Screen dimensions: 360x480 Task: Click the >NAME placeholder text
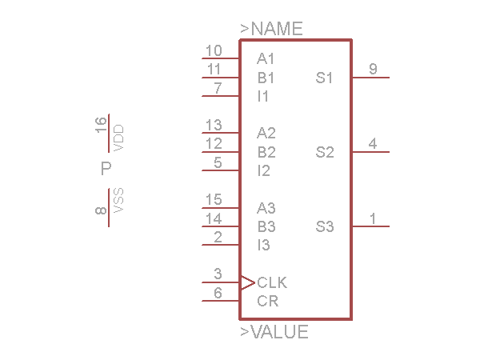tap(271, 29)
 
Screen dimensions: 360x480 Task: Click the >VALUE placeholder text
tap(274, 332)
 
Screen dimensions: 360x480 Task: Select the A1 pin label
tap(266, 58)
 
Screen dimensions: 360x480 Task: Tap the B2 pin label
tap(266, 152)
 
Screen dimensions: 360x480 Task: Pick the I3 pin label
tap(263, 245)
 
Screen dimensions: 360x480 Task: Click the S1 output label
tap(324, 78)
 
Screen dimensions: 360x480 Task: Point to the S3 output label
tap(324, 226)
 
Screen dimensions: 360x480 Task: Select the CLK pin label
tap(272, 282)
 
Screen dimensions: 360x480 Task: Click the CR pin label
tap(267, 301)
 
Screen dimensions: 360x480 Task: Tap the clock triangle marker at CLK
tap(248, 282)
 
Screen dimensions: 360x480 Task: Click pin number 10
tap(214, 51)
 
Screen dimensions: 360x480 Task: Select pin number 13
tap(214, 125)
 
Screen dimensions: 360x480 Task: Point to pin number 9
tap(373, 70)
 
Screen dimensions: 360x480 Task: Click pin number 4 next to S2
tap(373, 144)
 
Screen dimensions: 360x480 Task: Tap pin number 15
tap(214, 199)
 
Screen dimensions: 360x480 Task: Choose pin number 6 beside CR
tap(218, 293)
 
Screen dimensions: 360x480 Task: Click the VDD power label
tap(119, 138)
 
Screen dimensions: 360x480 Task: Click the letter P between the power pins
tap(106, 169)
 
